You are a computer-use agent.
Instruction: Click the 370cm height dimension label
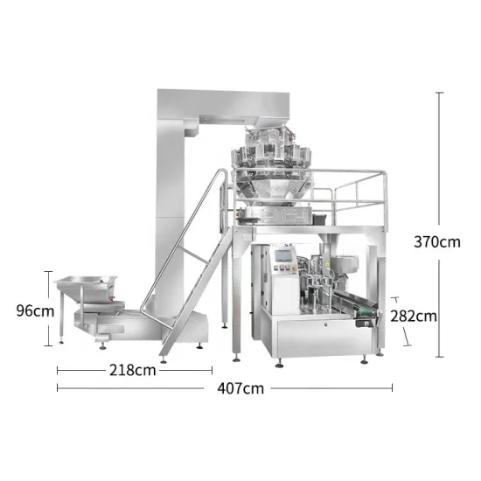tap(436, 242)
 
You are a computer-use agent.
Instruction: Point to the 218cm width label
tap(134, 369)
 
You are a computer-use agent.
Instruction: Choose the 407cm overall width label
tap(241, 387)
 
